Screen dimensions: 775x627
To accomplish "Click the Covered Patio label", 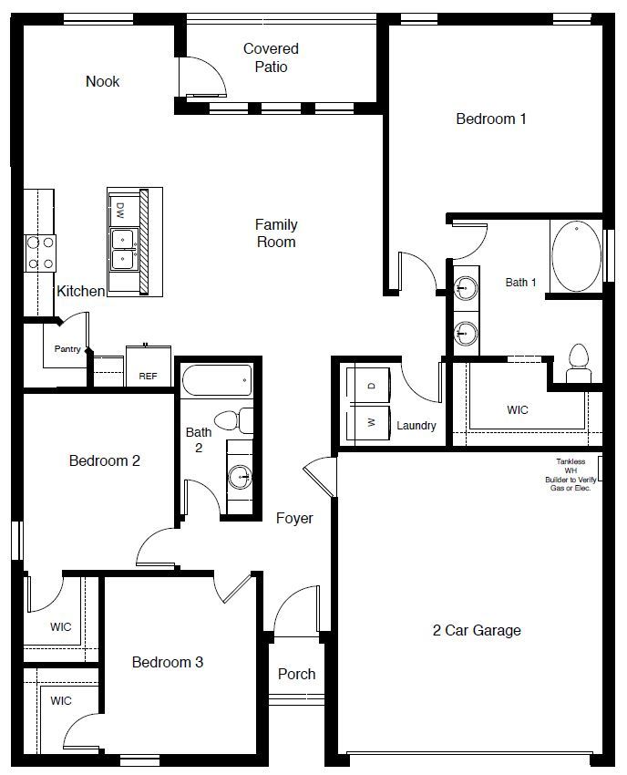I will (271, 57).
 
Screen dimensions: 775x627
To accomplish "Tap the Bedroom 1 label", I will (491, 119).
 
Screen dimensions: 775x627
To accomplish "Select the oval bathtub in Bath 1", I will (576, 255).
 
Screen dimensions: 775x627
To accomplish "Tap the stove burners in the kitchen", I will (39, 253).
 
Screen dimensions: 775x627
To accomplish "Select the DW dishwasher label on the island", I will (120, 211).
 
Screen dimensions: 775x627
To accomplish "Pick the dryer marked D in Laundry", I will (370, 387).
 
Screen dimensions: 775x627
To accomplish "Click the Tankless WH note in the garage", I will (570, 475).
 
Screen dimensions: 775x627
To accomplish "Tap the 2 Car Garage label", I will (477, 630).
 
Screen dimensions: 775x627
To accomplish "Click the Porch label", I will (296, 674).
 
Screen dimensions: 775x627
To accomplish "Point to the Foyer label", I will (294, 518).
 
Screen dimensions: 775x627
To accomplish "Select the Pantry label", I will (67, 348).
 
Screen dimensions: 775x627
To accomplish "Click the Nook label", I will (102, 81).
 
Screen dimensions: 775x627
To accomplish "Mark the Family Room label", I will (276, 233).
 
